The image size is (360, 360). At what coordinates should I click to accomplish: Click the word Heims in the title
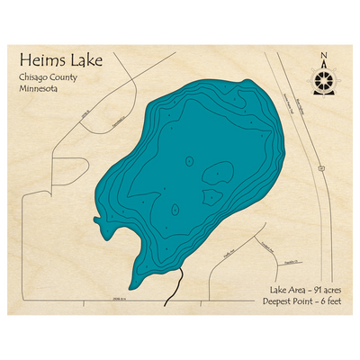point(40,61)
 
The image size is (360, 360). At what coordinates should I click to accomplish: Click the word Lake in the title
point(85,61)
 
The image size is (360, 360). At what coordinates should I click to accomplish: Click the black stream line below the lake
point(174,290)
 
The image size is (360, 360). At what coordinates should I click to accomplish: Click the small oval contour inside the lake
point(189,160)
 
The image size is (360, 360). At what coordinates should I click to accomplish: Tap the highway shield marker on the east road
point(321,167)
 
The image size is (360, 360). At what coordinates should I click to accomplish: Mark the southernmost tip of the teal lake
point(132,287)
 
